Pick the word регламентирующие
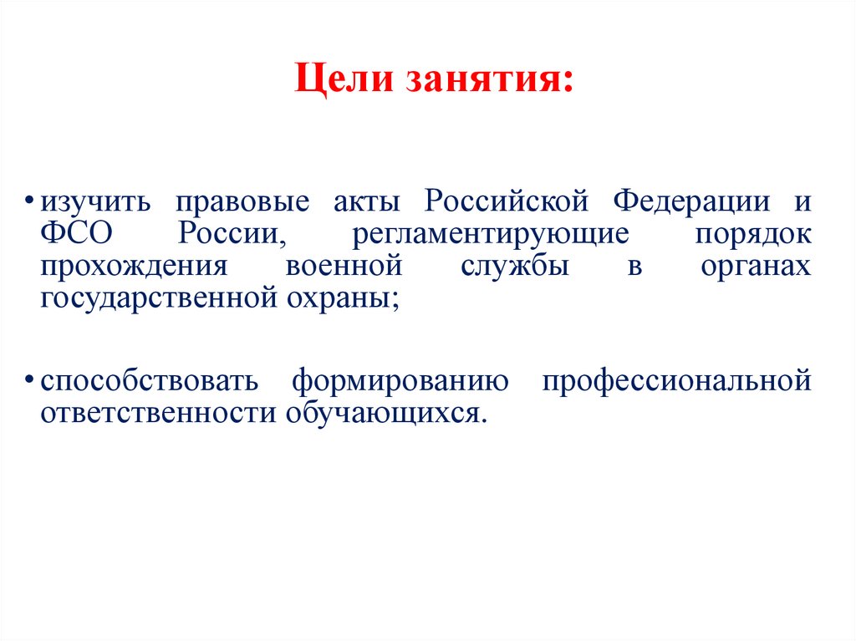click(x=490, y=235)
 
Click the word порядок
click(x=752, y=235)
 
